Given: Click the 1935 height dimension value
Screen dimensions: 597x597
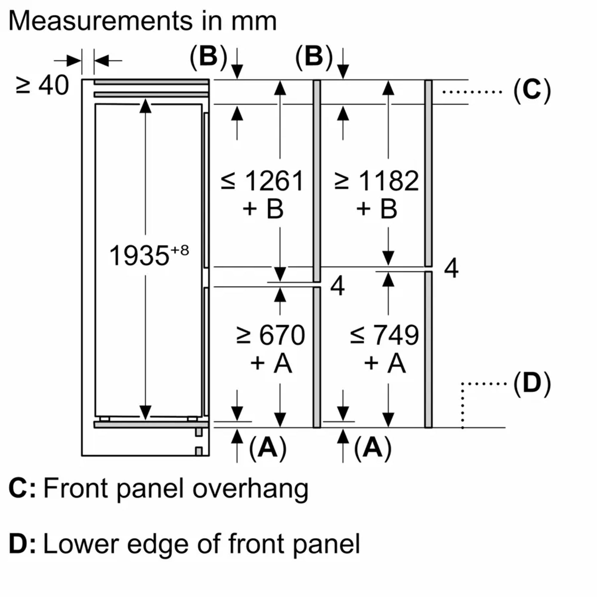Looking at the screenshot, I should tap(139, 256).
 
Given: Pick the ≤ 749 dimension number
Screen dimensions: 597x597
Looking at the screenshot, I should tap(396, 335).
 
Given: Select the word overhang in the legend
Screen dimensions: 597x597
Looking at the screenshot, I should tap(250, 488).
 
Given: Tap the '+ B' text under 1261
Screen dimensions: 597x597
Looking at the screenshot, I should tap(263, 209).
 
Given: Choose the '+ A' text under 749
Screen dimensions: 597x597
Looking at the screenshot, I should tap(385, 363).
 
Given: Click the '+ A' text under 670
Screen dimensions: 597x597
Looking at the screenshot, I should tap(271, 363).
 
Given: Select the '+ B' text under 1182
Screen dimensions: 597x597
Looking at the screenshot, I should tap(377, 209).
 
